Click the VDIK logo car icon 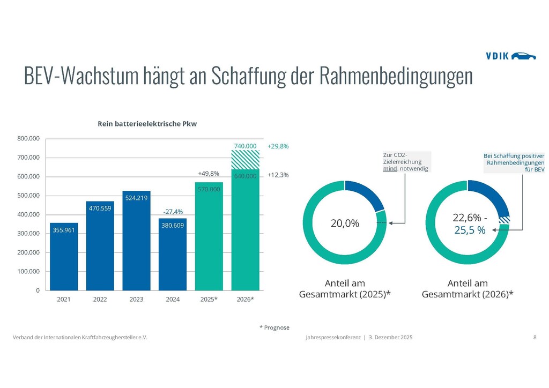pyautogui.click(x=523, y=56)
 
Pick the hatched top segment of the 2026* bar pyautogui.click(x=246, y=160)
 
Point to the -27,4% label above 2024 pyautogui.click(x=173, y=212)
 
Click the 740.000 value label pyautogui.click(x=246, y=146)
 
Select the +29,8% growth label pyautogui.click(x=278, y=146)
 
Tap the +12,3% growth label pyautogui.click(x=278, y=175)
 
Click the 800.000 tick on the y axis pyautogui.click(x=29, y=138)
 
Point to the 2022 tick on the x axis pyautogui.click(x=100, y=300)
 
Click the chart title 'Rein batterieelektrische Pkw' pyautogui.click(x=147, y=124)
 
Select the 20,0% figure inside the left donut pyautogui.click(x=345, y=223)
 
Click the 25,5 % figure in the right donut pyautogui.click(x=470, y=230)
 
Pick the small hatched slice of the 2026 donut pyautogui.click(x=505, y=220)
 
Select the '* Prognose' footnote pyautogui.click(x=274, y=327)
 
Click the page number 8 pyautogui.click(x=535, y=337)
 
